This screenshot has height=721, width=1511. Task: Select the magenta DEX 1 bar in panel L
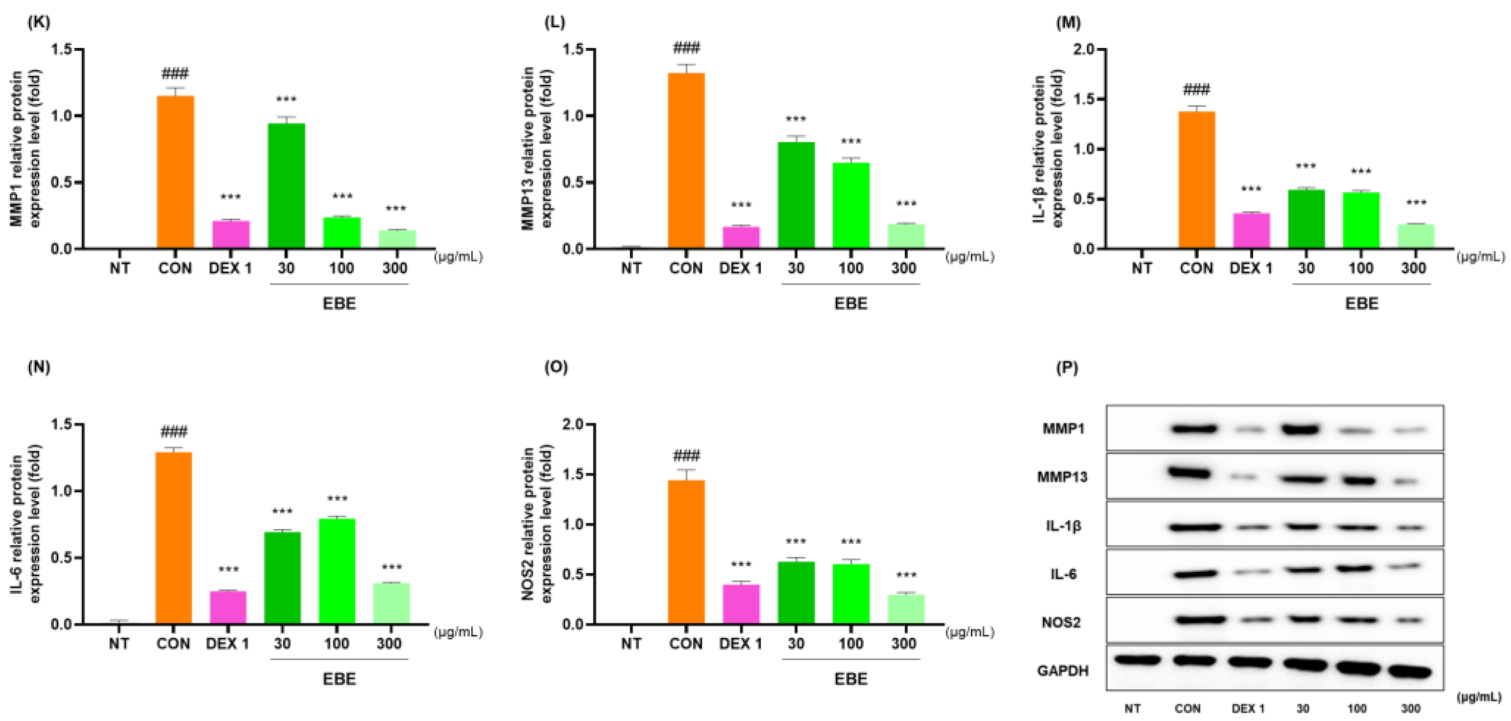741,237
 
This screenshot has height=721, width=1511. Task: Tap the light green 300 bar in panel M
1416,236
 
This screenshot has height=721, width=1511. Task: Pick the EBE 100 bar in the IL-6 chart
337,571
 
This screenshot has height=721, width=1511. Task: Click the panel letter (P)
1066,368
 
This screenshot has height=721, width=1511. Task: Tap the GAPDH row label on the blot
1062,671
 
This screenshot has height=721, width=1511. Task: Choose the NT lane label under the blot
1132,709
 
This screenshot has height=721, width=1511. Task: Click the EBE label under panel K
339,303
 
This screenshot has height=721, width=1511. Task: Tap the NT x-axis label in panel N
118,644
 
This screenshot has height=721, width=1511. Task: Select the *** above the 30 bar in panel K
286,99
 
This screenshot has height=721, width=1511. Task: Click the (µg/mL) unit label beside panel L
970,256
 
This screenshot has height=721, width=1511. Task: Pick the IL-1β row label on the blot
1063,526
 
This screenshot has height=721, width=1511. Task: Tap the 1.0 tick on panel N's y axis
62,491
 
